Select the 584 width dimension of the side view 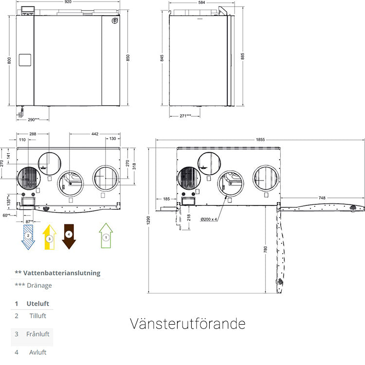[198, 2]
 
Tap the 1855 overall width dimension [260, 140]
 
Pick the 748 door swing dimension [322, 198]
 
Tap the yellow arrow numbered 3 [49, 237]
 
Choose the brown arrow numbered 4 [69, 236]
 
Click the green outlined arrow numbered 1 [106, 236]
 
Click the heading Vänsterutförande [187, 324]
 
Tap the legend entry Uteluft [37, 303]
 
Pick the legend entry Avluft [37, 352]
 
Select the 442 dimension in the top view [94, 134]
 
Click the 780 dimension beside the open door [266, 249]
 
